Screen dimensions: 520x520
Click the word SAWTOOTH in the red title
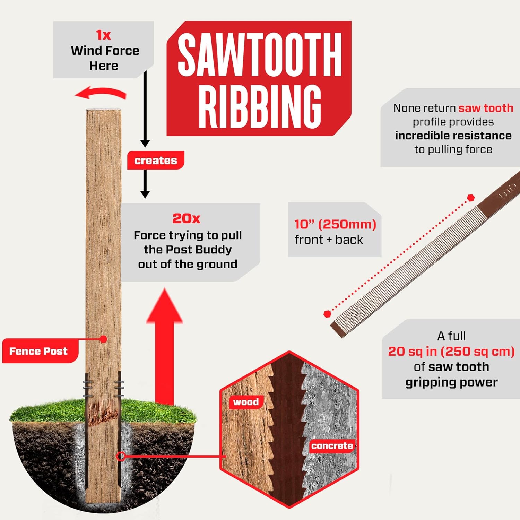click(260, 55)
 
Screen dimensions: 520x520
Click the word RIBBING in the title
click(260, 107)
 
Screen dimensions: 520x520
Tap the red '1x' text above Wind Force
click(103, 35)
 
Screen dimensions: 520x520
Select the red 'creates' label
click(156, 160)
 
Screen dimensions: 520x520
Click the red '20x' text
click(187, 218)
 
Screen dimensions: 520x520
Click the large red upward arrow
click(164, 347)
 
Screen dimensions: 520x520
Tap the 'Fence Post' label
click(38, 351)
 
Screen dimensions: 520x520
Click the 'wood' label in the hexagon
click(246, 402)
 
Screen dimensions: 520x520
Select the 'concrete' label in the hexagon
click(332, 446)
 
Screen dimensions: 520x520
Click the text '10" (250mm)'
click(335, 224)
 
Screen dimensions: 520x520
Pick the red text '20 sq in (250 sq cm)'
click(451, 352)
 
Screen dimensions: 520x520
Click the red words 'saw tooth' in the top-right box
click(486, 108)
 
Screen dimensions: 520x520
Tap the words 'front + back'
click(329, 240)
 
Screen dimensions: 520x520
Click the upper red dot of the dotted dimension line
click(470, 198)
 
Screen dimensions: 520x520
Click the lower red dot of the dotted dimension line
click(327, 314)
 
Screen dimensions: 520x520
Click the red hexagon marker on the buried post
click(121, 456)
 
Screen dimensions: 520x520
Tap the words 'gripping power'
click(451, 382)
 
